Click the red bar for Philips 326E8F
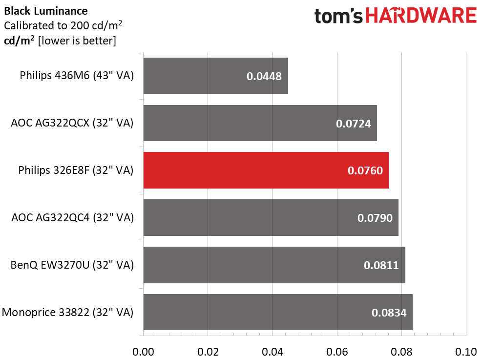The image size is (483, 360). click(266, 170)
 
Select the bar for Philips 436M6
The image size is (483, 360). click(216, 76)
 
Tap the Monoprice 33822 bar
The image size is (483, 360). click(278, 312)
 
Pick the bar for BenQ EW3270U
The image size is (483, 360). click(274, 265)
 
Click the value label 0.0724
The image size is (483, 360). click(353, 124)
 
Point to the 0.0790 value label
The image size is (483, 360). click(375, 218)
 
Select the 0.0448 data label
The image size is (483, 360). click(264, 76)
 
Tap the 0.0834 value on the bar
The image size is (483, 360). click(389, 313)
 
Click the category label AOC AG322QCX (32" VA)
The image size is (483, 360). click(72, 123)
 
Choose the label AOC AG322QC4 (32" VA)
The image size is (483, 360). click(72, 217)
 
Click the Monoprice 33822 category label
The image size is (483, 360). click(67, 312)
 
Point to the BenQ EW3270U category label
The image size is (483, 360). click(72, 265)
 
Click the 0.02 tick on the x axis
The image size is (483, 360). click(208, 352)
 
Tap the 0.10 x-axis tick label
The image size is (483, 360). click(466, 352)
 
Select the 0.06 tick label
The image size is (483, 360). click(337, 352)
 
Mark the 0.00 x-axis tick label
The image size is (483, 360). click(143, 352)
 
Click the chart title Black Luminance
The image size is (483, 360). click(46, 11)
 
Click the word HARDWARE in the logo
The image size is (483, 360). click(421, 16)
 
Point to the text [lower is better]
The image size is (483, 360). click(77, 41)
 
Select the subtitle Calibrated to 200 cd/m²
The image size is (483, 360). click(63, 25)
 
